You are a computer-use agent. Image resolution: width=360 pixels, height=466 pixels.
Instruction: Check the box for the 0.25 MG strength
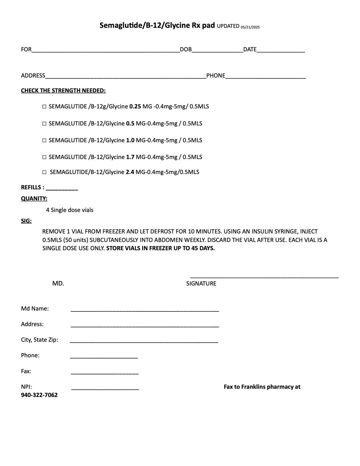click(x=44, y=107)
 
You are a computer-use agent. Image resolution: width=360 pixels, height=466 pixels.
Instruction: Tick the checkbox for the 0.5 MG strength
click(x=44, y=124)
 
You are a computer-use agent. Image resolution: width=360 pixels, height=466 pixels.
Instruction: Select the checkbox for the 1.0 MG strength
click(x=44, y=140)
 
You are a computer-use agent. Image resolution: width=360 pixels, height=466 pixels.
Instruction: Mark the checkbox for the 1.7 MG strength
click(x=44, y=157)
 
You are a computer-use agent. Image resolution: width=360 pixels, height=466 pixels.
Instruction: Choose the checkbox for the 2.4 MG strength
click(x=44, y=172)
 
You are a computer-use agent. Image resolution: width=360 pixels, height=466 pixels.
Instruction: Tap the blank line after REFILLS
click(x=62, y=188)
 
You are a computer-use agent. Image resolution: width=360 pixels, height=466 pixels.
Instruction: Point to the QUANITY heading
click(x=34, y=199)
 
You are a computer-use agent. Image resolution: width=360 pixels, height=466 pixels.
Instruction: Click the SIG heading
click(x=26, y=221)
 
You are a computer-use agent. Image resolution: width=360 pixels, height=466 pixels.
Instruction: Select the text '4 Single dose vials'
click(x=70, y=210)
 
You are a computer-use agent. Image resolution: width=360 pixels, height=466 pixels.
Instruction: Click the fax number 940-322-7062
click(x=39, y=395)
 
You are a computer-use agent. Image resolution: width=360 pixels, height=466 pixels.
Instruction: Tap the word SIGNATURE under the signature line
click(x=201, y=284)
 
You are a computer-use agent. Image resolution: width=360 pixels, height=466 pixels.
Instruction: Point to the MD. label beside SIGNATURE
click(x=58, y=284)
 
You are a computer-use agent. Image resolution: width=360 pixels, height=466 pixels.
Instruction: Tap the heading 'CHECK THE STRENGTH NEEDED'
click(x=63, y=91)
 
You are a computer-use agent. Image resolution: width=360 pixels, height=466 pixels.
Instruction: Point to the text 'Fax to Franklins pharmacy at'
click(x=262, y=387)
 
